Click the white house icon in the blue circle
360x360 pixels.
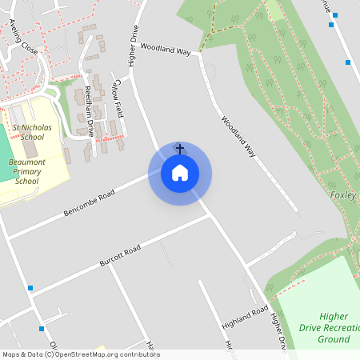click(x=180, y=173)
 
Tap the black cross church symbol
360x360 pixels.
click(x=180, y=149)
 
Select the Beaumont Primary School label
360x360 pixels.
click(x=26, y=171)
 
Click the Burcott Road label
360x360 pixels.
click(x=120, y=257)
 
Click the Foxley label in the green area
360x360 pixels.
click(x=342, y=195)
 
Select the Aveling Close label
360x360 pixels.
click(x=24, y=37)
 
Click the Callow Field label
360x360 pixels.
click(x=118, y=94)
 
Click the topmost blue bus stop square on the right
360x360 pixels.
click(x=330, y=25)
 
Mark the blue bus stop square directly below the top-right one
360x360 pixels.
click(x=348, y=62)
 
